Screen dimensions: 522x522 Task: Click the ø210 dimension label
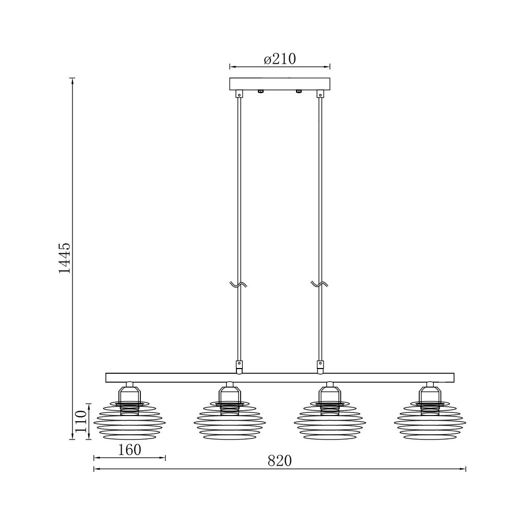[280, 60]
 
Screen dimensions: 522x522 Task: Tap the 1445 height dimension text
[65, 258]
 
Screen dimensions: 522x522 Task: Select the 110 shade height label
[81, 421]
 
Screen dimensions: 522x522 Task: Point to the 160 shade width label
[129, 450]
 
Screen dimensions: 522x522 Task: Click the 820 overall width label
[280, 461]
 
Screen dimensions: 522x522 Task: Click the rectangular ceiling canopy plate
[280, 84]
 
